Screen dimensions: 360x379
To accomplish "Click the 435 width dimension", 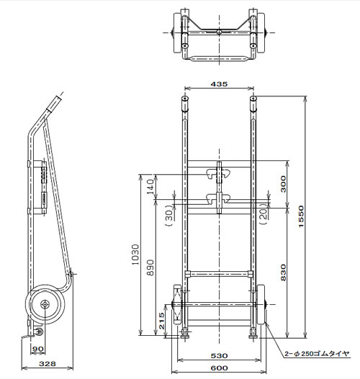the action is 219,84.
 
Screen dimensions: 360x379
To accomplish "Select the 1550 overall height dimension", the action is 301,216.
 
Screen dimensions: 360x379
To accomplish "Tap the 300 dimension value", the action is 283,184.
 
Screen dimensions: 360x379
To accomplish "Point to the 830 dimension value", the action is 283,273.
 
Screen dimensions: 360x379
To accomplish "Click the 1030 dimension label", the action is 136,255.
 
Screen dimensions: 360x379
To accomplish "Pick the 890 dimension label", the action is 150,268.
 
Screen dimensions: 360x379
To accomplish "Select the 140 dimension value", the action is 150,186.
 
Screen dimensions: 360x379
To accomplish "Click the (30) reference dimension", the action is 170,215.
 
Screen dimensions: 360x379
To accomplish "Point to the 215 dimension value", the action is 161,321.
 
